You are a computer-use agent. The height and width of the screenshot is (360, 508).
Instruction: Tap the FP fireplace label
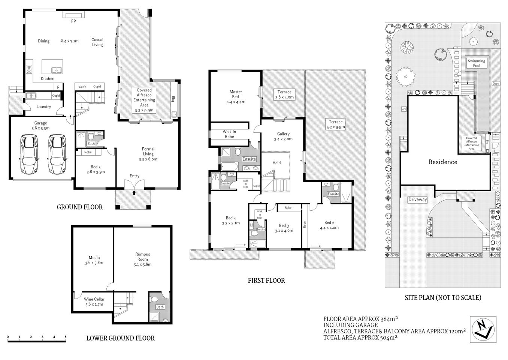(x=73, y=21)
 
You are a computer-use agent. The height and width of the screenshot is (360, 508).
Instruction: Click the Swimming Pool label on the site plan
(x=476, y=63)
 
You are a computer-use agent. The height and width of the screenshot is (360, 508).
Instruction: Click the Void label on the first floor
(x=276, y=163)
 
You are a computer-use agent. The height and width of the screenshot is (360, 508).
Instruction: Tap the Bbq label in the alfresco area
(x=173, y=99)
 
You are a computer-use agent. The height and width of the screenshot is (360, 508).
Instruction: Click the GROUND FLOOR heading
(x=79, y=207)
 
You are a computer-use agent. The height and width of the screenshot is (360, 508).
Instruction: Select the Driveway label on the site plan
(x=417, y=199)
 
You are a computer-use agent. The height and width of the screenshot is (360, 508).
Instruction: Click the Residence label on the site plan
(x=443, y=162)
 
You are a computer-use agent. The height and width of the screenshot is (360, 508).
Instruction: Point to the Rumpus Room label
(x=142, y=256)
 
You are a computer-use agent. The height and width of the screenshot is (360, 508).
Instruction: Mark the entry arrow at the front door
(x=134, y=193)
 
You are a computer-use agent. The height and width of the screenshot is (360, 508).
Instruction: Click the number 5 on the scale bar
(x=66, y=337)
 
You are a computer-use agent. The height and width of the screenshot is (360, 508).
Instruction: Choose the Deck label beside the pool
(x=496, y=84)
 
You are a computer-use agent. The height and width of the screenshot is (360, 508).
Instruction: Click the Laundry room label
(x=43, y=107)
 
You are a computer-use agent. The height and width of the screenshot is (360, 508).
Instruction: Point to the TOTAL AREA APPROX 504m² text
(x=360, y=337)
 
